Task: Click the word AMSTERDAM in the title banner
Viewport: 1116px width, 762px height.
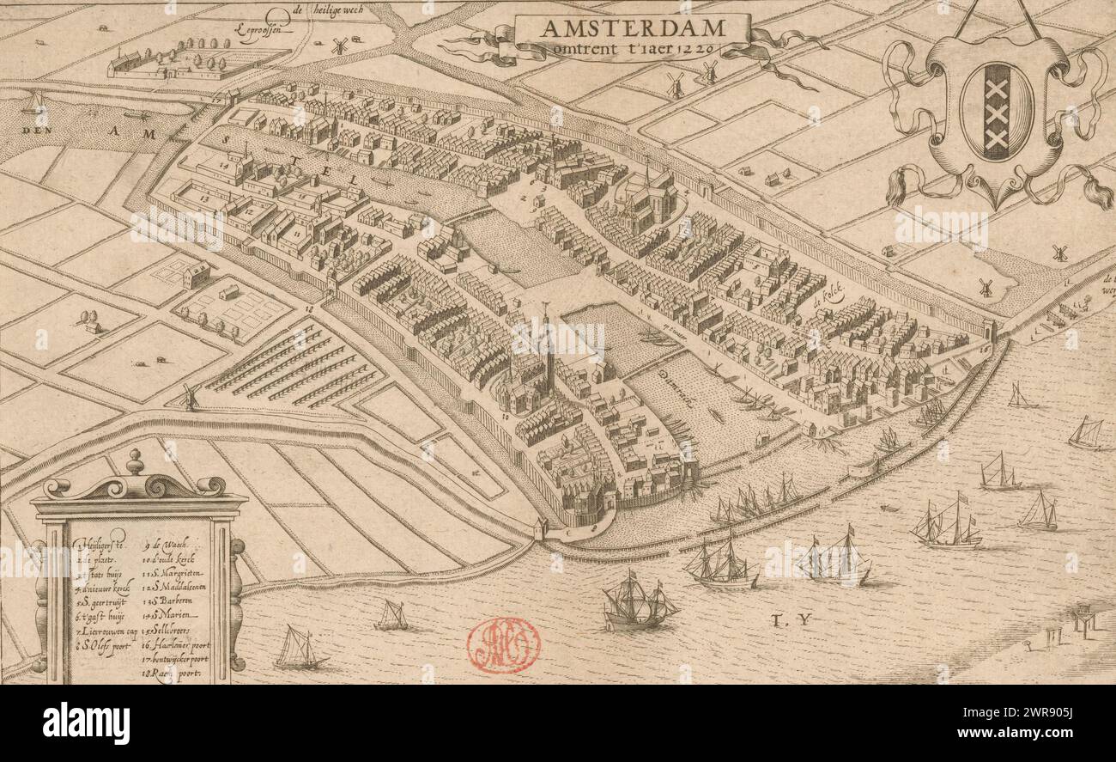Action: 632,27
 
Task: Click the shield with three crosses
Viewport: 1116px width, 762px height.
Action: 996,112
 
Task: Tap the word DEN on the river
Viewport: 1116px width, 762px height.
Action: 37,131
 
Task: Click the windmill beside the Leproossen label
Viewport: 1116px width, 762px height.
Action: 340,46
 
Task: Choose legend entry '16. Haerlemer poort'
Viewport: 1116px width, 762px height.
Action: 175,644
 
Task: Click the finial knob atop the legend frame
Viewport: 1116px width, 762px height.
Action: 135,461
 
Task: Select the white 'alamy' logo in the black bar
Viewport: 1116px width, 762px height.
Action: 86,722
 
